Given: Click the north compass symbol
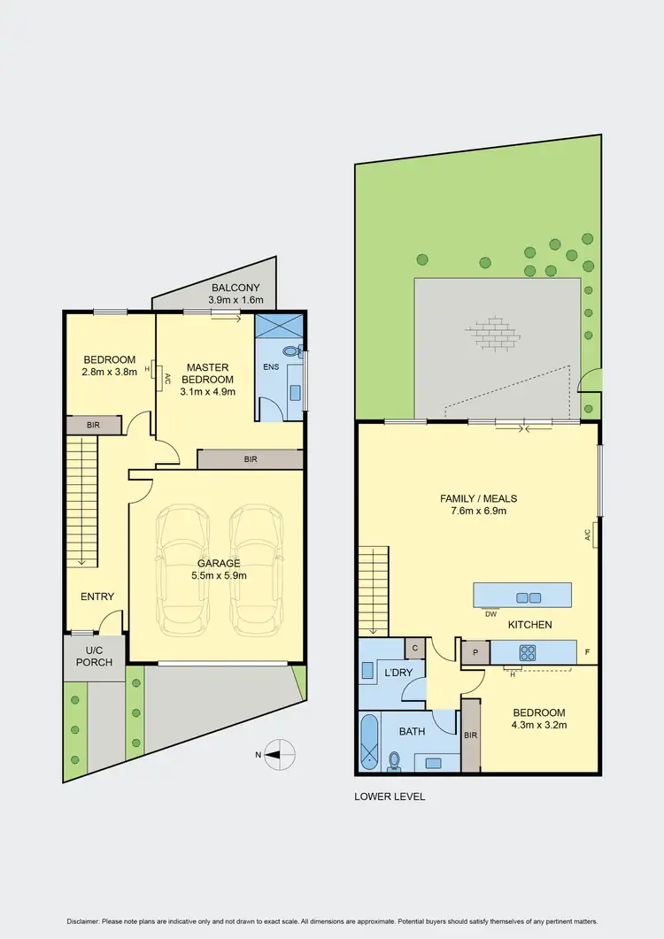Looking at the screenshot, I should tap(281, 754).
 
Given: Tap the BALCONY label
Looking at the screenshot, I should tap(235, 288).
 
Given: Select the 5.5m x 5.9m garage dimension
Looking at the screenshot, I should tap(219, 575).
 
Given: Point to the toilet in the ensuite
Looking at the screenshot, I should tap(298, 351).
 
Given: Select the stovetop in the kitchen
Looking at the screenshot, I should tap(527, 653).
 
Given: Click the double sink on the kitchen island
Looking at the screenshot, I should tap(529, 596).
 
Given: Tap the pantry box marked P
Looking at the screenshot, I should tap(475, 652).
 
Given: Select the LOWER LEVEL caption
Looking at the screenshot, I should tap(390, 797).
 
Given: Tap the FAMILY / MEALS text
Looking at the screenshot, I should tap(478, 499).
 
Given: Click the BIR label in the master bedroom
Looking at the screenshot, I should tap(251, 459).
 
